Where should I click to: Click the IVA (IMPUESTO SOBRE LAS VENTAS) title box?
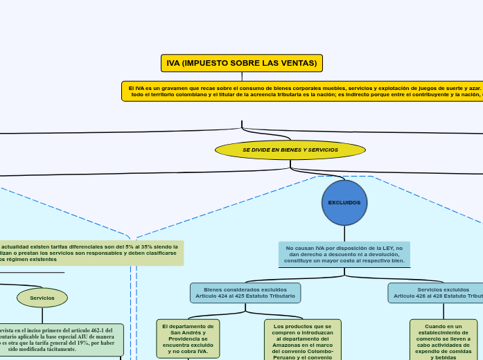coord(241,63)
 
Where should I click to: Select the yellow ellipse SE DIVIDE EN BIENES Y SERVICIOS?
coord(290,150)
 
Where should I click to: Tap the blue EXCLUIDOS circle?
coord(344,203)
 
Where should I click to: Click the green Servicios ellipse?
coord(42,298)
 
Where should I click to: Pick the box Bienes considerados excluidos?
coord(245,293)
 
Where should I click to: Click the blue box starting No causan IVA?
coord(344,254)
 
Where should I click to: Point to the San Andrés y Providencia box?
coord(188,339)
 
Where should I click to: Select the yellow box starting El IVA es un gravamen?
coord(303,91)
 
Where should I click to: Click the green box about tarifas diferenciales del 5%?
coord(90,253)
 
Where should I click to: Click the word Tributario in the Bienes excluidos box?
coord(279,296)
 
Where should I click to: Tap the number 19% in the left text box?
coord(89,343)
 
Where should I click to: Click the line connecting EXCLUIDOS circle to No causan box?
coord(344,233)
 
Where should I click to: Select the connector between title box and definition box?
coord(242,76)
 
